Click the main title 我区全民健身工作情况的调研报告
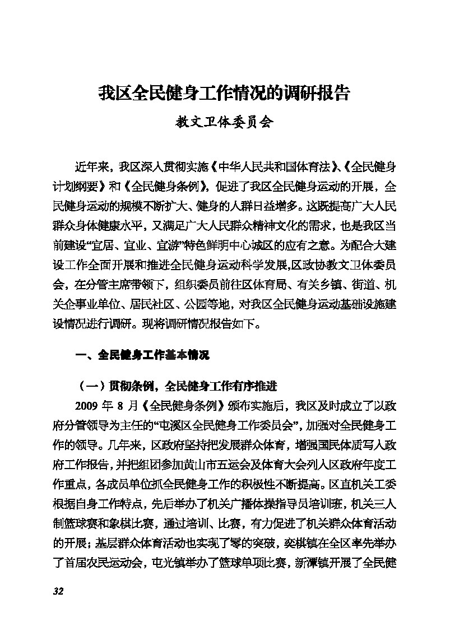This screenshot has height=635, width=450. [224, 93]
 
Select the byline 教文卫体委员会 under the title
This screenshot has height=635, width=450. [224, 123]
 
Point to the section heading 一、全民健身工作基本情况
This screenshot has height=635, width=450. [142, 355]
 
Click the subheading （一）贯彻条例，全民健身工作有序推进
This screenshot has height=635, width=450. [177, 386]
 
